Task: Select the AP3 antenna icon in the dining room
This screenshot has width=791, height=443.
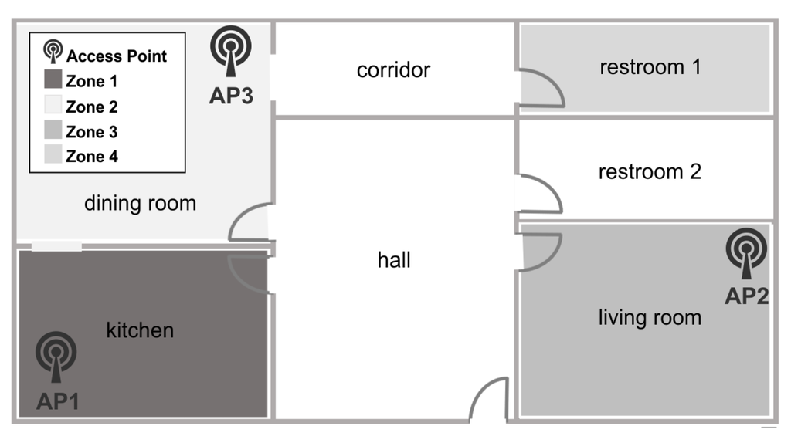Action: pyautogui.click(x=231, y=52)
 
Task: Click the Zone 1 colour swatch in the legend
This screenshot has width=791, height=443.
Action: pyautogui.click(x=53, y=80)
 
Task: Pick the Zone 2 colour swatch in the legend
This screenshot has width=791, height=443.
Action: pyautogui.click(x=53, y=106)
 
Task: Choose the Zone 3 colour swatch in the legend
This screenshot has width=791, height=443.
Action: pyautogui.click(x=53, y=131)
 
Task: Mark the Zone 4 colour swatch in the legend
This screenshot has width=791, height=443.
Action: pyautogui.click(x=53, y=156)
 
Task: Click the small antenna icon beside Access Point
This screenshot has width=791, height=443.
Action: pyautogui.click(x=53, y=52)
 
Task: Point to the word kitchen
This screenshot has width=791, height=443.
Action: pyautogui.click(x=140, y=330)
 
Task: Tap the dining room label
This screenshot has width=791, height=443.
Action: pyautogui.click(x=140, y=204)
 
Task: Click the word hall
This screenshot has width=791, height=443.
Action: pyautogui.click(x=394, y=260)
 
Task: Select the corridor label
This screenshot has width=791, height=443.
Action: pyautogui.click(x=393, y=70)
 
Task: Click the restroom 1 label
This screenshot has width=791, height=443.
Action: pyautogui.click(x=650, y=67)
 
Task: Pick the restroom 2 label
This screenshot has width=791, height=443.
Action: pyautogui.click(x=650, y=171)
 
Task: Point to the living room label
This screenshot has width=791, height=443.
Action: pyautogui.click(x=650, y=317)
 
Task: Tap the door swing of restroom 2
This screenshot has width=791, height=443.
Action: pyautogui.click(x=540, y=194)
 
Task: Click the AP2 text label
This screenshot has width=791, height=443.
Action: pyautogui.click(x=746, y=296)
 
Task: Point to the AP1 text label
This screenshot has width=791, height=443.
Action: pyautogui.click(x=57, y=401)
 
